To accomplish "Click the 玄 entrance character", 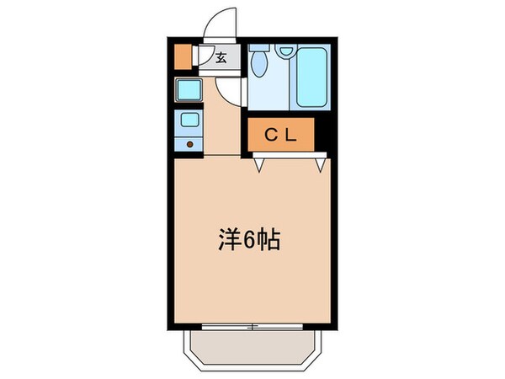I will click(221, 58).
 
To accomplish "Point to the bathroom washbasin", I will click(285, 51).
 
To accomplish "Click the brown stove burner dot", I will click(190, 144).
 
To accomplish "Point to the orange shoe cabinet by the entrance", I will click(183, 58).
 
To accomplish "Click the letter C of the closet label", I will click(272, 133).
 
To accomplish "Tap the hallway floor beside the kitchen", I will click(221, 131).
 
